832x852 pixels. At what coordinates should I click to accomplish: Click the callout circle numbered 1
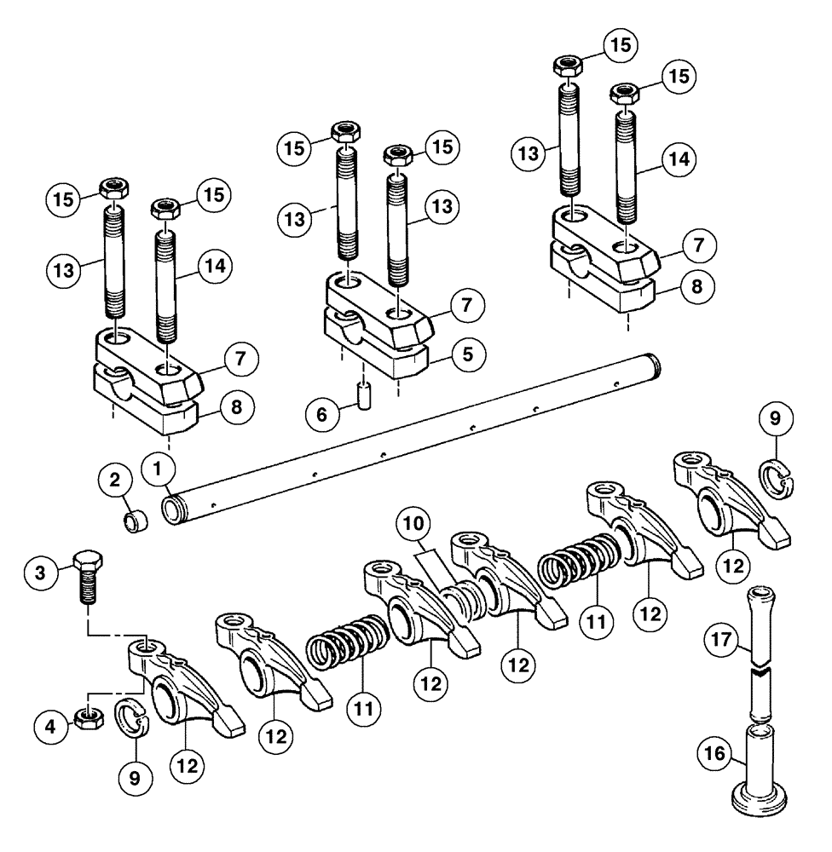159,467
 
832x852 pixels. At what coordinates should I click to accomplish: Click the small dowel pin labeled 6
364,398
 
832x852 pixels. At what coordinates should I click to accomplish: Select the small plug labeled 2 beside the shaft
134,521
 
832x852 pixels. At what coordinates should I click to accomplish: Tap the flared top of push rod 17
760,596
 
